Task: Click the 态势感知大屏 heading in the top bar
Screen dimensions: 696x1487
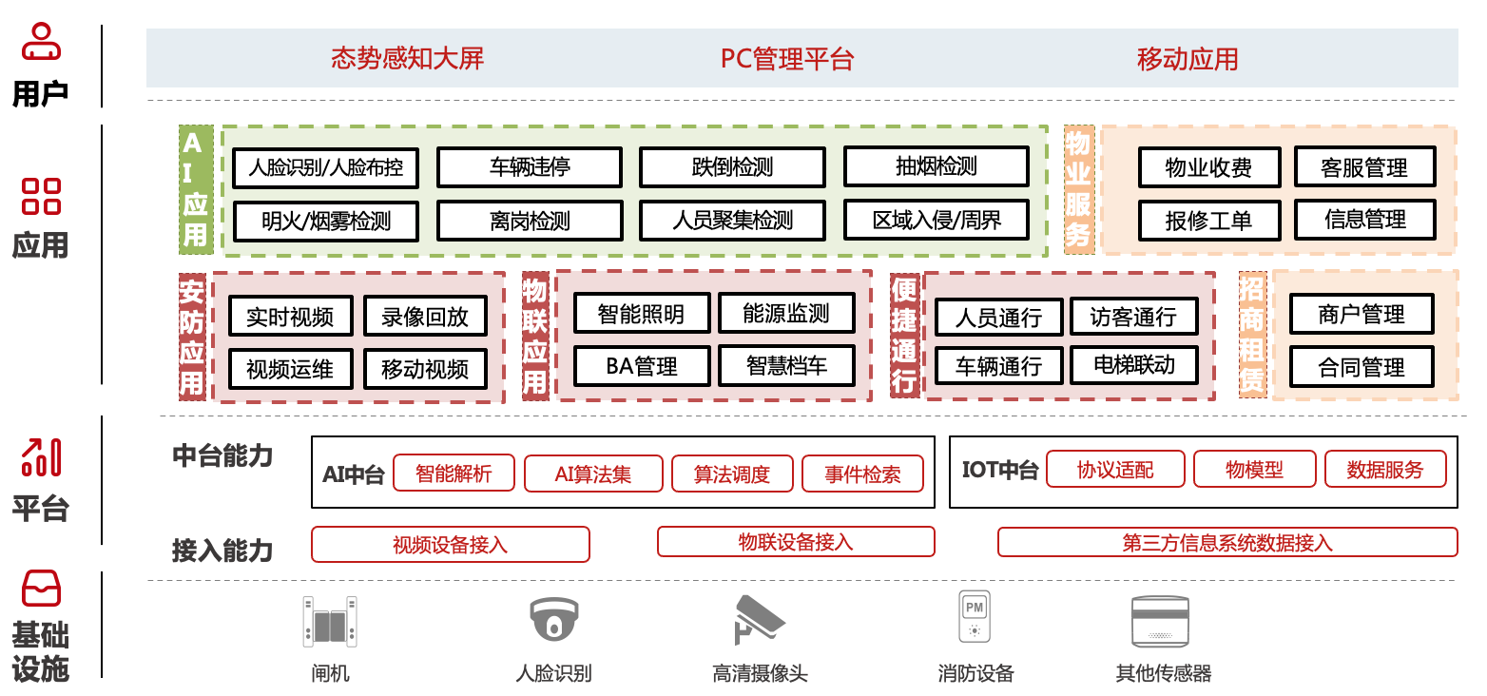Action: pos(407,59)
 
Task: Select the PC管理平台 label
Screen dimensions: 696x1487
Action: pos(787,59)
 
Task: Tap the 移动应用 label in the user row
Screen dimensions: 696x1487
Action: pos(1188,59)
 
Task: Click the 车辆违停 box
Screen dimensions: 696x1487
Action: pos(530,167)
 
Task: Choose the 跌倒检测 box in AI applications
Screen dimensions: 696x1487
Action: pos(732,167)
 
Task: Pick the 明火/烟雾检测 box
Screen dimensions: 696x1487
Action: pos(326,222)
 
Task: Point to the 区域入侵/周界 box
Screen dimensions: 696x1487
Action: pos(937,221)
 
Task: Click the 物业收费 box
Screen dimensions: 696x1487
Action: pos(1208,168)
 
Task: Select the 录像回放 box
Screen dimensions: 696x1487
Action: pos(425,317)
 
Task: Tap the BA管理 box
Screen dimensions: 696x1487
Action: pos(642,366)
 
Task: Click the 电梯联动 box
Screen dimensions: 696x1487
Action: pos(1134,365)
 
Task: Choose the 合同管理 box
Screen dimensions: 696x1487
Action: pos(1361,367)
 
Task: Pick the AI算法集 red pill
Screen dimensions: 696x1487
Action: pos(593,474)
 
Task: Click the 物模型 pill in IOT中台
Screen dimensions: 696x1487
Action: pos(1254,470)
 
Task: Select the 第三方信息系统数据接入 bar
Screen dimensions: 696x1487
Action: pos(1227,543)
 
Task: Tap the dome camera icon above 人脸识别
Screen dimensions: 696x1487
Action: pos(553,620)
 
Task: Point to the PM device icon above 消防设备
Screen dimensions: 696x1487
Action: pos(975,618)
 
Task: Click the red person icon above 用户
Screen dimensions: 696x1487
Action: pos(41,43)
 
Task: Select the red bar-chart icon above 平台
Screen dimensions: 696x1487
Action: pos(41,457)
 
